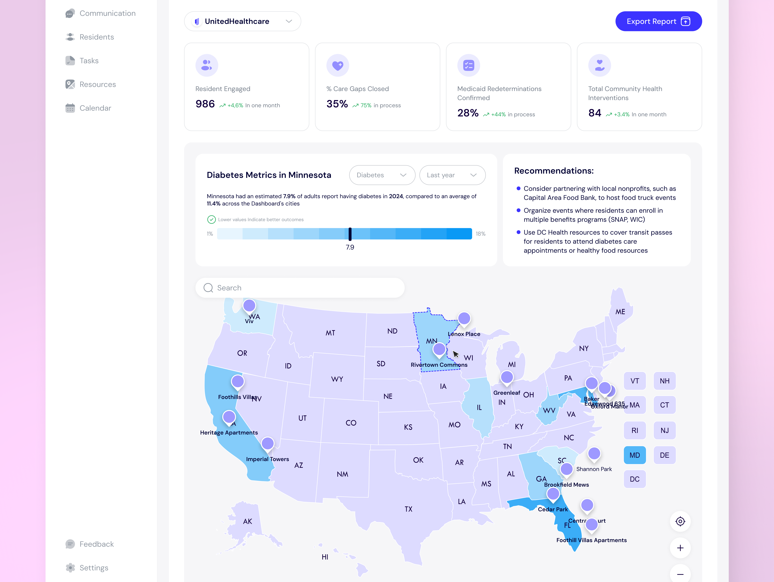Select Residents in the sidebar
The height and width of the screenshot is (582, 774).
pos(97,37)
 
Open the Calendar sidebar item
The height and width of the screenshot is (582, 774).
pos(95,108)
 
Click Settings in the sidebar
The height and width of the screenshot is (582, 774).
pos(94,568)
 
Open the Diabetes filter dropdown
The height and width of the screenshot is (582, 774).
pos(382,175)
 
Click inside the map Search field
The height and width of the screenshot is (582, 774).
pos(300,288)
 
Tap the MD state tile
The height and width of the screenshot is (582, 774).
pos(634,455)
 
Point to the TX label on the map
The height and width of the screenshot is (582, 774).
pos(408,509)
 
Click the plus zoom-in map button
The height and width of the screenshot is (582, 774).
pos(680,548)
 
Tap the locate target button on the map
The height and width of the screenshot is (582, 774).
pos(680,521)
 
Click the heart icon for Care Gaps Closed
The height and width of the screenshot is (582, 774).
pos(338,65)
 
